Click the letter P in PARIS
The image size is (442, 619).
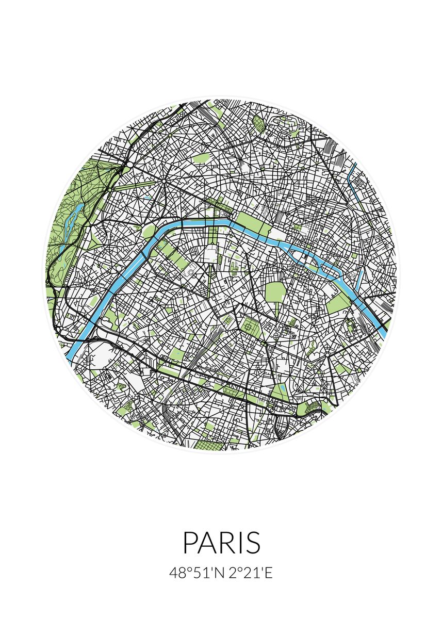[190, 543]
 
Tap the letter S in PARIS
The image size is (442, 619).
[253, 543]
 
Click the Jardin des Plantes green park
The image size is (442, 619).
[338, 304]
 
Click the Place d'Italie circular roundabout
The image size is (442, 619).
[327, 355]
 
